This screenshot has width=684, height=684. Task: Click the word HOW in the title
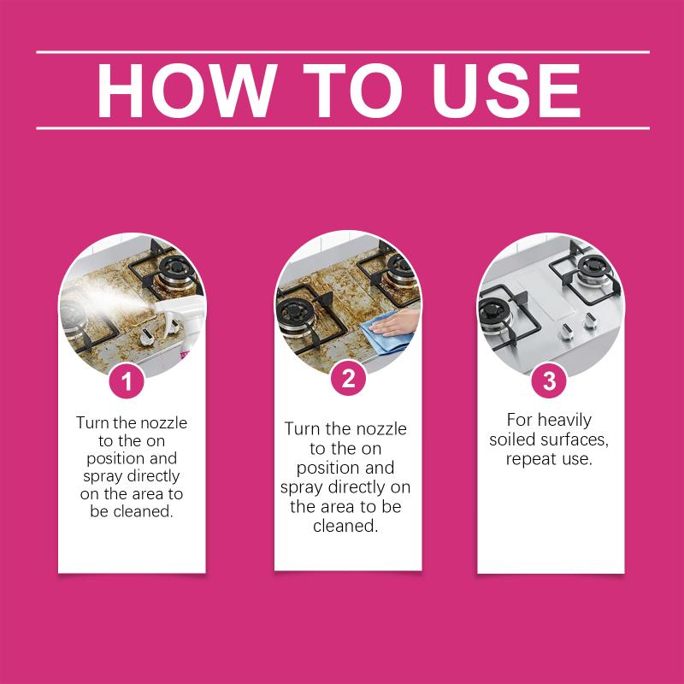(187, 91)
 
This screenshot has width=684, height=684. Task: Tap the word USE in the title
(506, 91)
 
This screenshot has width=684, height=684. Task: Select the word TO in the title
(352, 91)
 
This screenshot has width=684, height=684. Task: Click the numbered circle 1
(127, 380)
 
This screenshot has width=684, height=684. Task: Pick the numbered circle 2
(348, 379)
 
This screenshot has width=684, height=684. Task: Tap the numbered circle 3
(549, 380)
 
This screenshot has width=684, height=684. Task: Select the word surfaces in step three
(574, 439)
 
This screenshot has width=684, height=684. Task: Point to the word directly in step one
(153, 476)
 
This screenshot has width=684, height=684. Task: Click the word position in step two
(328, 468)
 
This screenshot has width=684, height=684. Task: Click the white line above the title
(343, 52)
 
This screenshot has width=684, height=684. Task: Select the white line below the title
(343, 128)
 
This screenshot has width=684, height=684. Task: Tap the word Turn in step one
(93, 422)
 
